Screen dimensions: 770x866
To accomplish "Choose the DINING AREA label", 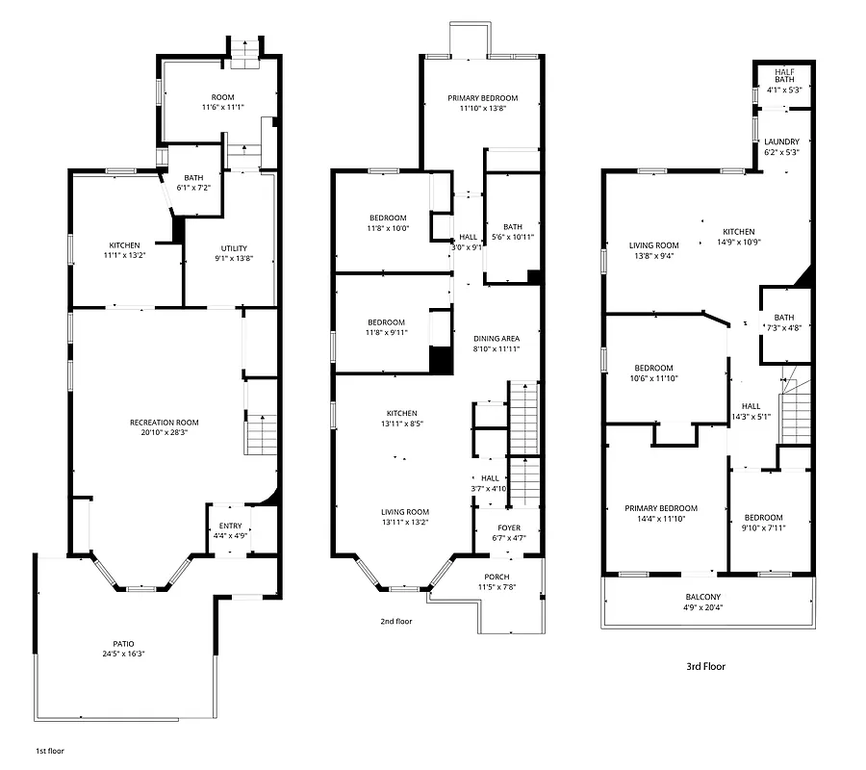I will tap(497, 338).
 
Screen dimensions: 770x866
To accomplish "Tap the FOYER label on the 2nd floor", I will tap(508, 527).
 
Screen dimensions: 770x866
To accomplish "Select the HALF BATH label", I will tap(784, 74).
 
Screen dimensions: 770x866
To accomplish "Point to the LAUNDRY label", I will tap(781, 141).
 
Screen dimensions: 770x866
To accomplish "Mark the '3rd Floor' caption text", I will tap(705, 666).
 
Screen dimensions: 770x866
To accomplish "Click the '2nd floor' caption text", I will tap(395, 622).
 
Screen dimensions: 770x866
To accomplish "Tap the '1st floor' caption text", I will tap(50, 750).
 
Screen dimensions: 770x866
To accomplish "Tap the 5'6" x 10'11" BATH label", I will tap(512, 231).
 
